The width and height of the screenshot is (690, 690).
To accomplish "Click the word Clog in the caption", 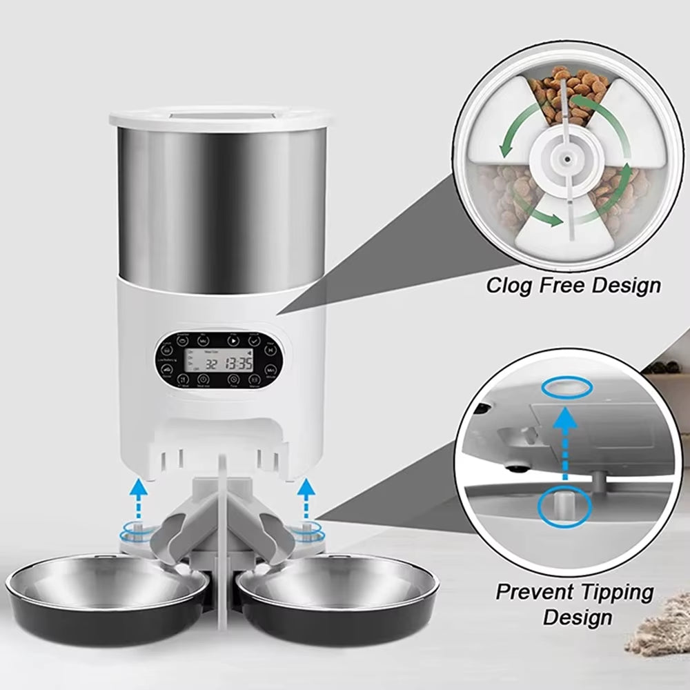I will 509,285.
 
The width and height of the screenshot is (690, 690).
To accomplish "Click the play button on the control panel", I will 233,340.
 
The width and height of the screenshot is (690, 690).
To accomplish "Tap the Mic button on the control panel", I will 203,340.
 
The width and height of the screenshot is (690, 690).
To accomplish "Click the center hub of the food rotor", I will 566,158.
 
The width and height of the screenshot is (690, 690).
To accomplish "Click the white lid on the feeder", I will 218,117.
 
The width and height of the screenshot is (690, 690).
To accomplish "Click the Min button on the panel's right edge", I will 272,371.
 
